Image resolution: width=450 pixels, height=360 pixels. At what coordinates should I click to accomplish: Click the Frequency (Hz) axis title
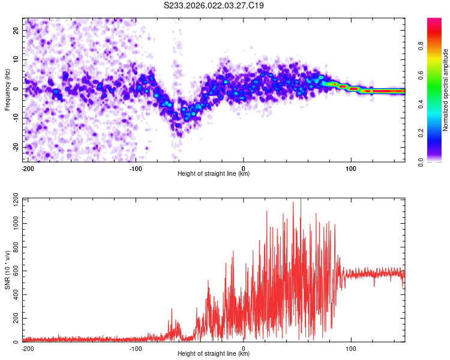(7, 89)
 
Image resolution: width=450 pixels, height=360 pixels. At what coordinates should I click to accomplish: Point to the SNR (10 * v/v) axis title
(7, 270)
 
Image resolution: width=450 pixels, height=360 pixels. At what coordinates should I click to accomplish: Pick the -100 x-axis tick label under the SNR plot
(136, 348)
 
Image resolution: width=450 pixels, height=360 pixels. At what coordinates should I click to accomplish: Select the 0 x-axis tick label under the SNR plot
(244, 348)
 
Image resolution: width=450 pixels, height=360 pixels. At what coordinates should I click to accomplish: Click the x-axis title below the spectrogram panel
(214, 174)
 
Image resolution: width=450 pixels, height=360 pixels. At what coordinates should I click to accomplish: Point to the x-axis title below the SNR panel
(214, 354)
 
